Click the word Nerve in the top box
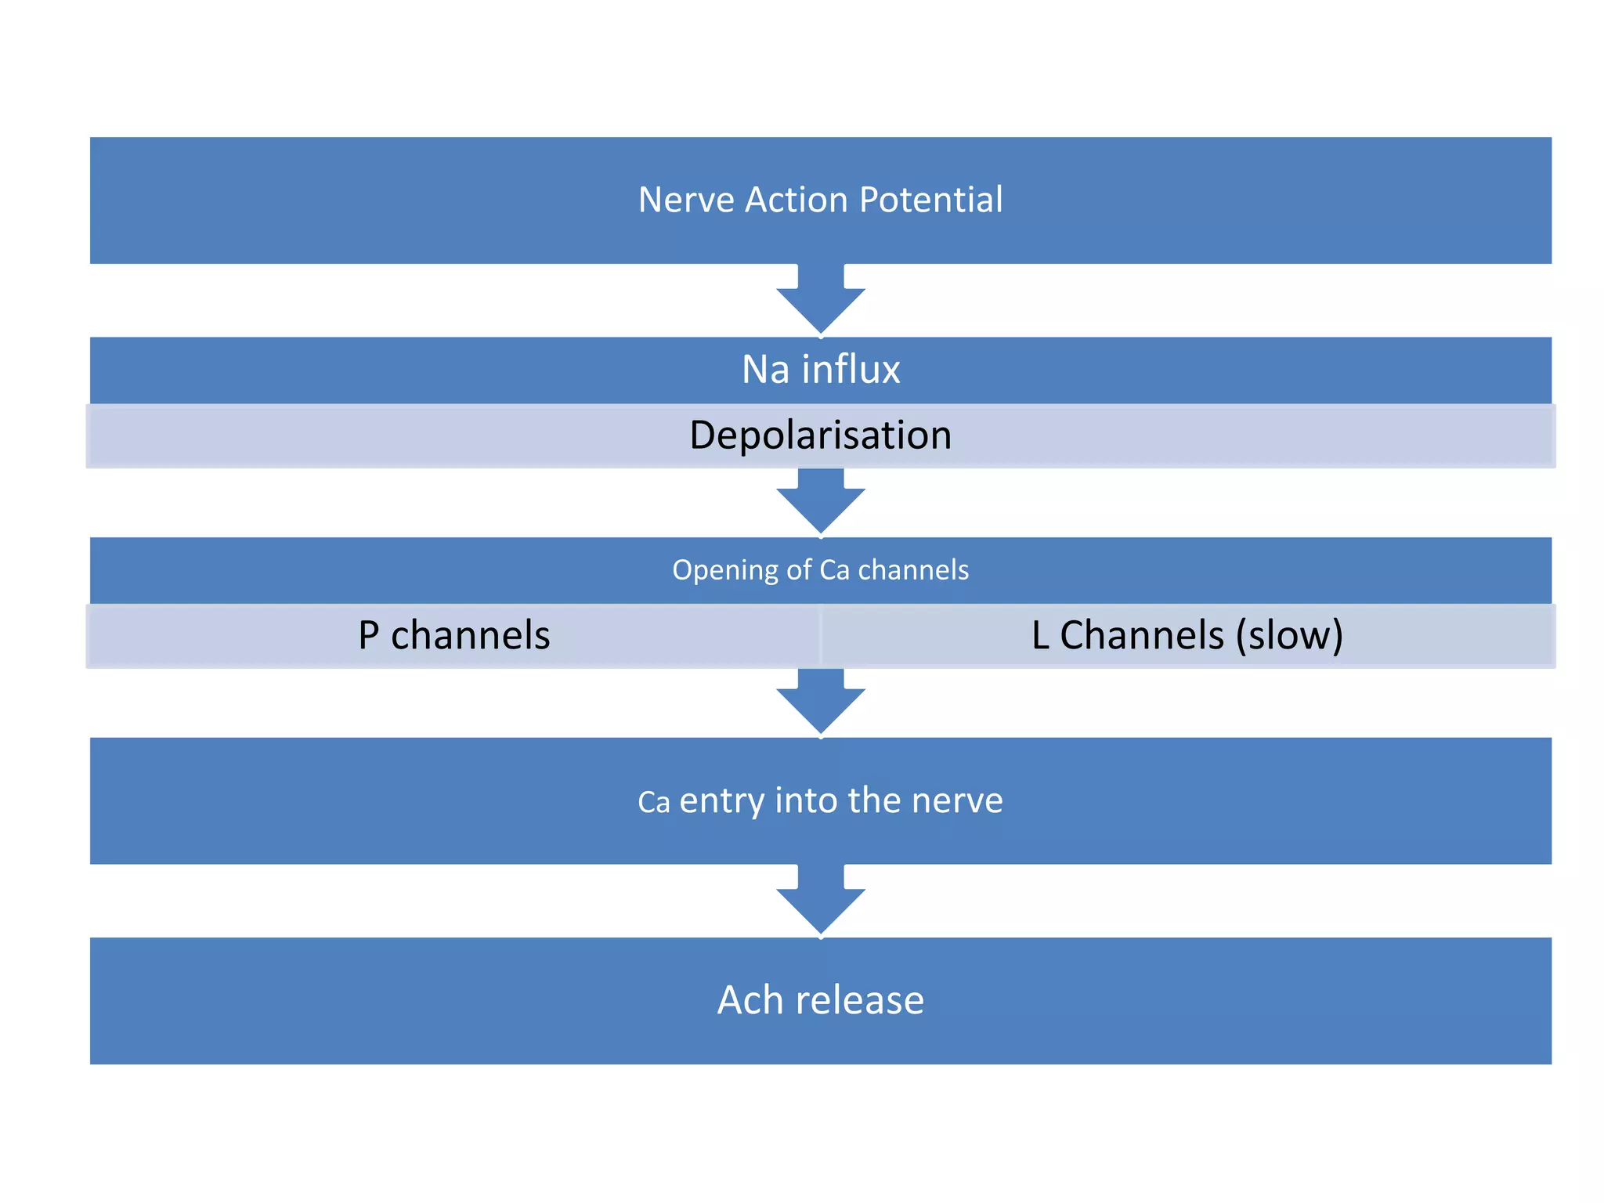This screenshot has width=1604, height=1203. (x=685, y=200)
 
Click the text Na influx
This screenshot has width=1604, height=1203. (x=820, y=369)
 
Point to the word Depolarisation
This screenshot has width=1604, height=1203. (x=820, y=435)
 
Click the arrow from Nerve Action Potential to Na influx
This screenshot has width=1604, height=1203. (x=820, y=302)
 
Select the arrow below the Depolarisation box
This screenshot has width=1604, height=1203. (x=820, y=502)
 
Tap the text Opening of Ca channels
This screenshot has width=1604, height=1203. (x=820, y=570)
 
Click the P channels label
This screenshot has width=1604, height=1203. (x=453, y=635)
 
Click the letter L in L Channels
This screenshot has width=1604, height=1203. (x=1040, y=635)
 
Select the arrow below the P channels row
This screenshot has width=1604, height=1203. (x=820, y=702)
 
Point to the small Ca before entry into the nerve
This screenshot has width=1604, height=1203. (x=653, y=803)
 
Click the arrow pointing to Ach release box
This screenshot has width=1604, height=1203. (x=820, y=902)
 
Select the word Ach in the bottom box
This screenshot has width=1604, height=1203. (x=750, y=1000)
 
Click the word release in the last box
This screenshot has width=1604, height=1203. (x=859, y=1000)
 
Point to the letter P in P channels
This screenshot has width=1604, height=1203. (x=368, y=635)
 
